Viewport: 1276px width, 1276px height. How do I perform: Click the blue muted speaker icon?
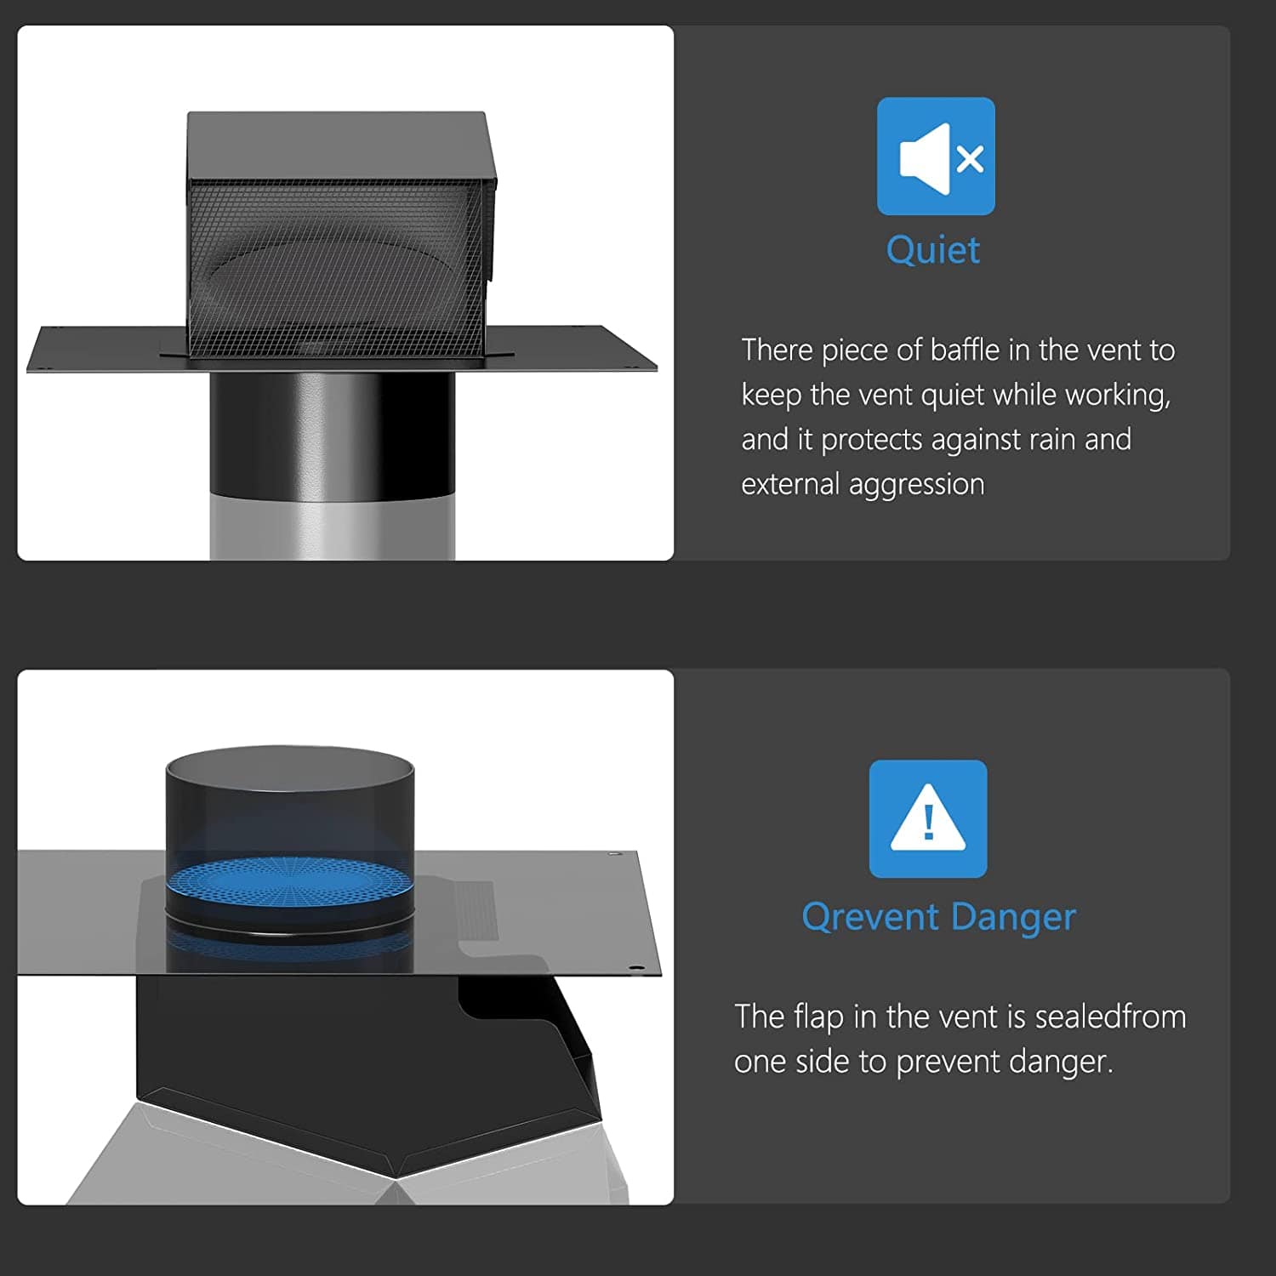tap(936, 157)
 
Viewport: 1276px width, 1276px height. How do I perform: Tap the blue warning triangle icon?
tap(928, 818)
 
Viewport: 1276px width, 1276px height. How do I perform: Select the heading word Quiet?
tap(933, 250)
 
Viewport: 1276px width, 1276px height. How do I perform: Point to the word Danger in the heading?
tap(1013, 917)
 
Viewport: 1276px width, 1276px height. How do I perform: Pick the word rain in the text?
tap(1052, 440)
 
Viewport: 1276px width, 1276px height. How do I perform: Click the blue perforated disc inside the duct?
tap(289, 885)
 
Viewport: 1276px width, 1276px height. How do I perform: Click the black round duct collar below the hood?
tap(332, 434)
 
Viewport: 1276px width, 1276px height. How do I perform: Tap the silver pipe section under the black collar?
tap(332, 527)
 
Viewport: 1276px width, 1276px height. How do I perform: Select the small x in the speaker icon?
tap(970, 158)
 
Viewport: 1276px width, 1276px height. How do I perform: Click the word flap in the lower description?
tap(818, 1017)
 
